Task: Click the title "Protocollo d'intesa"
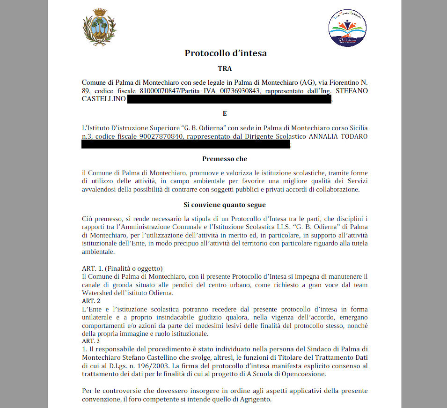[226, 53]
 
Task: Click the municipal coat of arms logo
[99, 28]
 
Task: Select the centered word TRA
[225, 68]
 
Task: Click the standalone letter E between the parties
[225, 113]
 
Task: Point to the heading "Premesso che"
[225, 159]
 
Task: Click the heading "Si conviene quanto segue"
[225, 205]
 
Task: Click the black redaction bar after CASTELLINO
[229, 99]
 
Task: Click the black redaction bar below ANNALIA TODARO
[186, 145]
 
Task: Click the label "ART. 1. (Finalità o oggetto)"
[122, 268]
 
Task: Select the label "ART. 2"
[91, 301]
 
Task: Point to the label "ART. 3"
[91, 341]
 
